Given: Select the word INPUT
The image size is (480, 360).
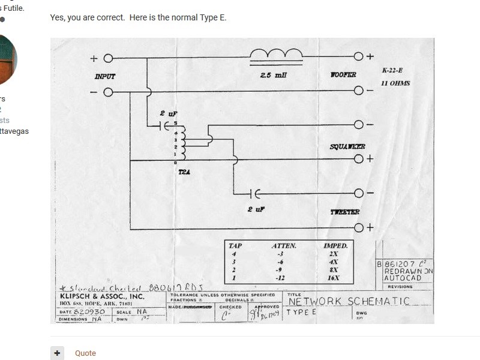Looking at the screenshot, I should pyautogui.click(x=104, y=76).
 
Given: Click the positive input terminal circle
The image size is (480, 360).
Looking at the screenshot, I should pyautogui.click(x=108, y=58).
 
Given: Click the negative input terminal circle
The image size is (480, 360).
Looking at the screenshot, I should pyautogui.click(x=108, y=92).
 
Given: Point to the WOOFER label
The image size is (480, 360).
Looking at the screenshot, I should pyautogui.click(x=343, y=75).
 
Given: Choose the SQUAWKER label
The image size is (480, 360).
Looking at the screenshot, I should pyautogui.click(x=347, y=147).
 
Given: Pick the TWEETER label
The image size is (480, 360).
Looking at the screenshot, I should pyautogui.click(x=345, y=212).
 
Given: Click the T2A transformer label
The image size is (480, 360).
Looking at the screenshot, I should pyautogui.click(x=184, y=172).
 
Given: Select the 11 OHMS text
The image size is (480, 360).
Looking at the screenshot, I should pyautogui.click(x=395, y=83).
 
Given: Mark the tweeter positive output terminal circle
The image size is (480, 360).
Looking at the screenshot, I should pyautogui.click(x=359, y=227).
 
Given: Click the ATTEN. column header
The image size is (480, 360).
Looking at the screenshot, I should pyautogui.click(x=284, y=246).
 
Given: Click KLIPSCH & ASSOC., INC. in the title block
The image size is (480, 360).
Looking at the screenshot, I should pyautogui.click(x=102, y=296).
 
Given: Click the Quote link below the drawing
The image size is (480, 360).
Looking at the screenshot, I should pyautogui.click(x=85, y=353).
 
